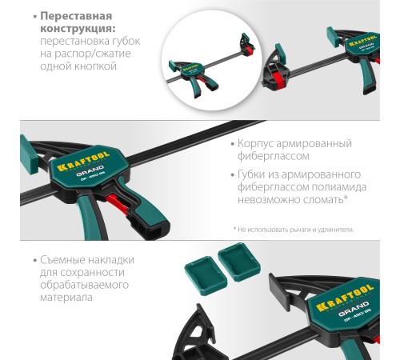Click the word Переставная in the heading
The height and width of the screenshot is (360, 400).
(x=76, y=16)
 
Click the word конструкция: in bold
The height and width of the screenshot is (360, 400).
(x=78, y=29)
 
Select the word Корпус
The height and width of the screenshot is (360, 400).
(x=255, y=144)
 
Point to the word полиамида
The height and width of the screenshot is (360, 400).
(x=339, y=187)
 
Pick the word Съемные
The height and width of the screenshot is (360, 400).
(x=62, y=260)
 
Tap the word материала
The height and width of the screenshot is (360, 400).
(x=66, y=298)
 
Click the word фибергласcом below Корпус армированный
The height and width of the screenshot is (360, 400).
(x=274, y=156)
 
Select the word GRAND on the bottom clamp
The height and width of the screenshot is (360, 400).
(x=354, y=308)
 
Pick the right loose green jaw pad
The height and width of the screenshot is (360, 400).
(x=239, y=262)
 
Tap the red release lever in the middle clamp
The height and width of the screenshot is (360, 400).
(x=117, y=204)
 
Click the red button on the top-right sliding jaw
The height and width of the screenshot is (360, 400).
(x=278, y=79)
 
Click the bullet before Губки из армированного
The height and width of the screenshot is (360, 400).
(x=233, y=175)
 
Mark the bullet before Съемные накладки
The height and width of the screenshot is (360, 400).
(x=34, y=261)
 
